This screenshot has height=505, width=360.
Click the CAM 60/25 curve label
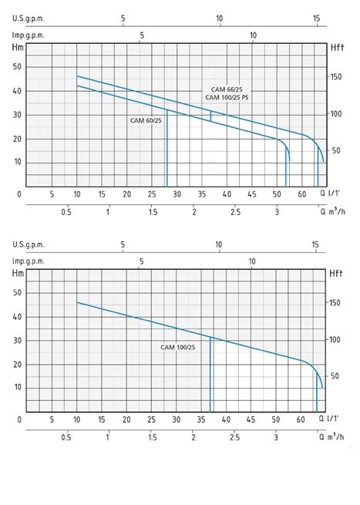coord(146,121)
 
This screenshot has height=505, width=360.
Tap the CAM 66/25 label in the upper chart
coord(227,89)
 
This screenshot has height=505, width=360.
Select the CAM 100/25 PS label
coord(227,97)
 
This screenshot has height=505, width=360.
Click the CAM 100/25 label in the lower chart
coord(178,347)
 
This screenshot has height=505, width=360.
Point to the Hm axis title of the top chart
coord(18,47)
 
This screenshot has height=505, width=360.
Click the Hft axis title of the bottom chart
coord(336,274)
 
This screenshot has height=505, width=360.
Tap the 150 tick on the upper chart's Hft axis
coord(336,77)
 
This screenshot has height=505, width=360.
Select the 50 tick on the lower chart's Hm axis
coord(17,293)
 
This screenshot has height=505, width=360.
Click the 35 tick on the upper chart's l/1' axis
coord(202,194)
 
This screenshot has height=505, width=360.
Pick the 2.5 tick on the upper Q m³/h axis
coord(235,212)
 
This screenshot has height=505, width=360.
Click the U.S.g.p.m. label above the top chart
coord(28,19)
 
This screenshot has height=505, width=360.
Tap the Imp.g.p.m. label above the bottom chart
coord(28,261)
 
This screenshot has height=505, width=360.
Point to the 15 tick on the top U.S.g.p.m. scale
coord(317,19)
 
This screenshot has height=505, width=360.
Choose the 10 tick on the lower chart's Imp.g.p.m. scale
coord(252,261)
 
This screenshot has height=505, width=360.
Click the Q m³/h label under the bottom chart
coord(331,436)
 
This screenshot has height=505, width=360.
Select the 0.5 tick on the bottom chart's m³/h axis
coord(66,437)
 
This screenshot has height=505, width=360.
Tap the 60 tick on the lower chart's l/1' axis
coord(301,419)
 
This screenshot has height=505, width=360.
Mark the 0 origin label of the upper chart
coord(19,194)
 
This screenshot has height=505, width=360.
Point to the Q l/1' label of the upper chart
coord(330,194)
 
